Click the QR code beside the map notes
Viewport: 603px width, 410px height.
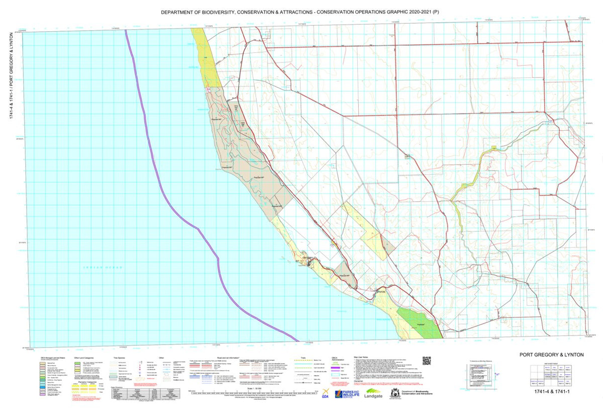[x=427, y=361]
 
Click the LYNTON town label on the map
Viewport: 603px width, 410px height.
[x=380, y=292]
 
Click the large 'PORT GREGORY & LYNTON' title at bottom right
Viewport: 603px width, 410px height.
[x=552, y=355]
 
